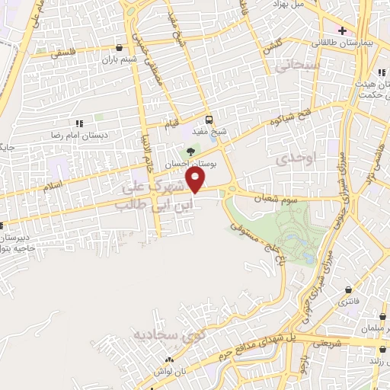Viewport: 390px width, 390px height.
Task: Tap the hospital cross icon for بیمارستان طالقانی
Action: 343,31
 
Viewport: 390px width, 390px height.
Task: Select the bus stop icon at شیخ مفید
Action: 209,119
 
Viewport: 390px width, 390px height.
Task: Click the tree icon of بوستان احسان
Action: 190,152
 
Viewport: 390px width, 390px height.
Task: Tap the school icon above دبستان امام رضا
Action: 78,123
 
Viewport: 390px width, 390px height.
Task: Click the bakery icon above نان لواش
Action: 169,359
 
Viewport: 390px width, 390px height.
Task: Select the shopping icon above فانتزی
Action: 348,290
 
